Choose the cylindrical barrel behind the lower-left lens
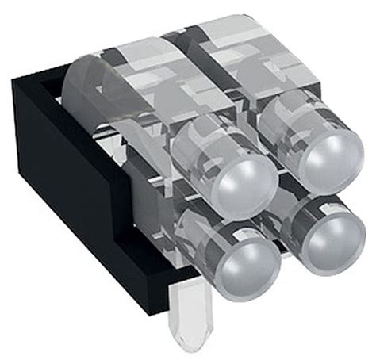click(x=194, y=234)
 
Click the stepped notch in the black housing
click(x=127, y=230)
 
